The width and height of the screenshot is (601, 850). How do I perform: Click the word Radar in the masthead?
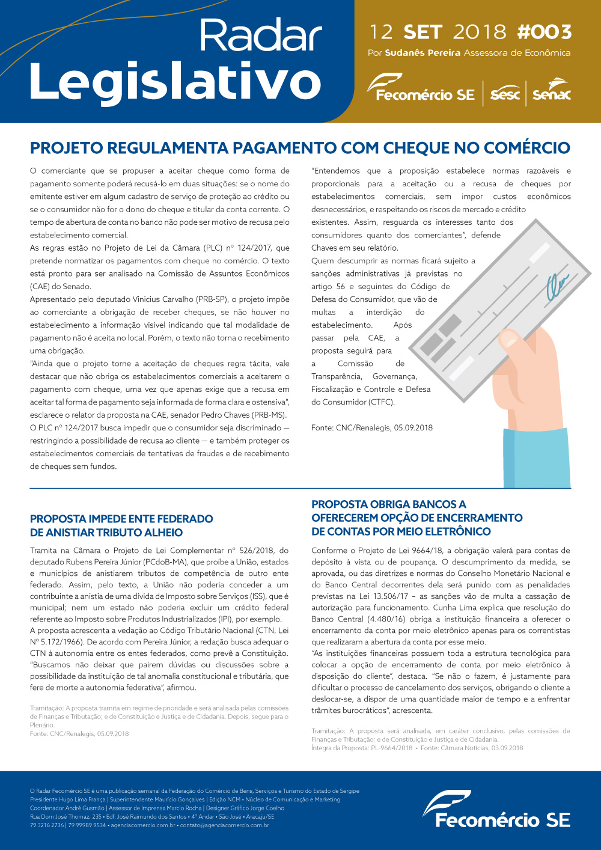260,36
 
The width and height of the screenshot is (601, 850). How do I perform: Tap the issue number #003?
544,32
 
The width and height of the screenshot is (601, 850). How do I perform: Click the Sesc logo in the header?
505,94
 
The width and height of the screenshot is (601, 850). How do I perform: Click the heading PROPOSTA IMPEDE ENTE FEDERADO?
121,519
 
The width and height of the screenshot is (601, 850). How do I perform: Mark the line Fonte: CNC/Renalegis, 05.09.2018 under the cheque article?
371,428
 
